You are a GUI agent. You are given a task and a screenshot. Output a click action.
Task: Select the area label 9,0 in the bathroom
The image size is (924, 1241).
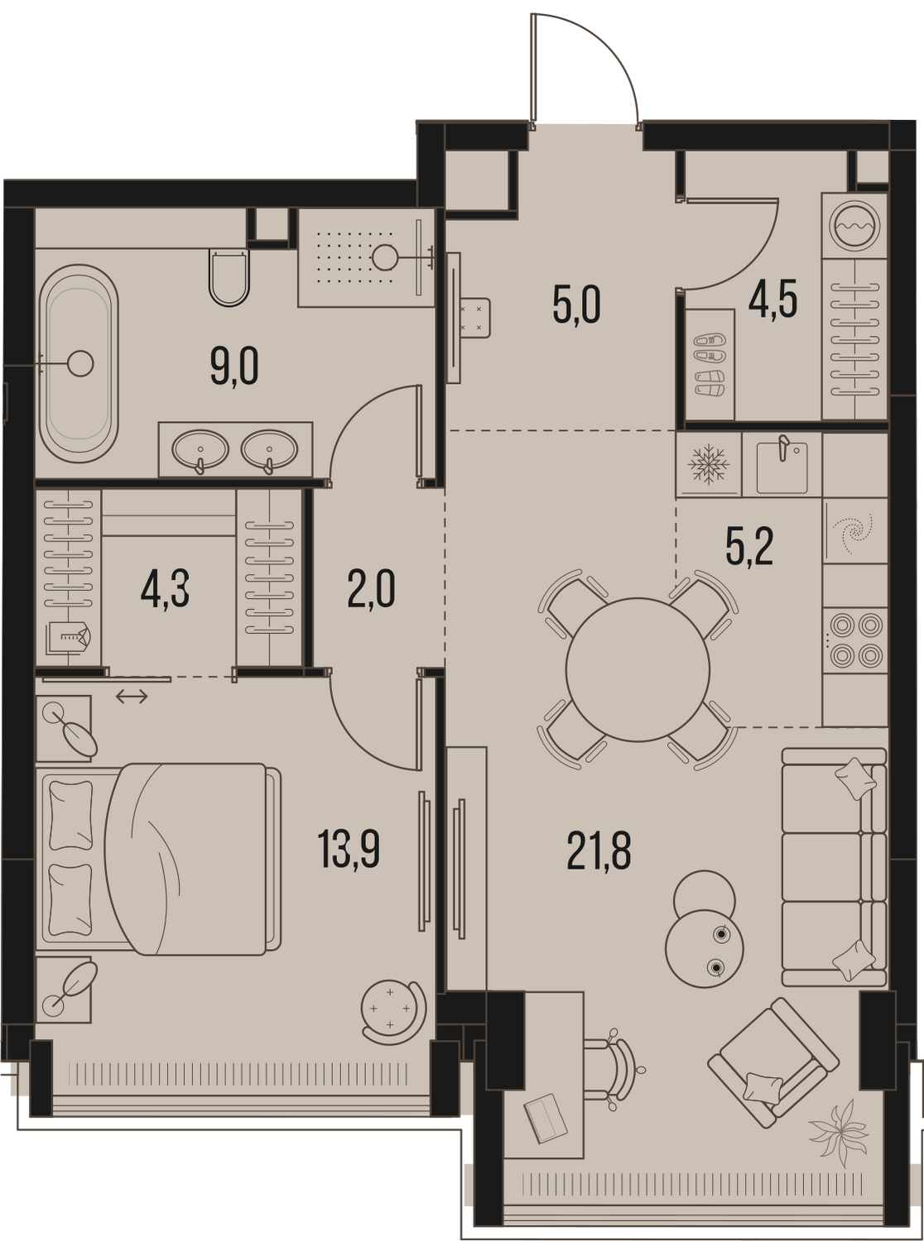click(x=234, y=367)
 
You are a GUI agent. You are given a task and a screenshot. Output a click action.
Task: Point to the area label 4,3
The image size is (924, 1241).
click(x=166, y=590)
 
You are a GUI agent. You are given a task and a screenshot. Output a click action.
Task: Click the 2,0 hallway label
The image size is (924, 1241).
click(x=372, y=590)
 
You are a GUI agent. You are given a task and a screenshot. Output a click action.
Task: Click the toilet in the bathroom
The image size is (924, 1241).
click(x=229, y=277)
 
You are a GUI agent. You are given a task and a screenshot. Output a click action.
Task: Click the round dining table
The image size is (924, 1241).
click(x=638, y=669)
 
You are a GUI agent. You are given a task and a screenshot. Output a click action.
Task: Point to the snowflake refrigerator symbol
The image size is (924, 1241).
click(x=709, y=464)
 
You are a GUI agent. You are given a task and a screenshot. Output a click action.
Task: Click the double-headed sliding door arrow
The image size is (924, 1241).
click(x=132, y=697)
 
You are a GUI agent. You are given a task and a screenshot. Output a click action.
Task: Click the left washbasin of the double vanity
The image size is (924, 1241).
click(x=200, y=449)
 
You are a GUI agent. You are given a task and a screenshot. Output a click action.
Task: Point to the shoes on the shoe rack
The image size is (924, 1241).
click(x=710, y=365)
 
